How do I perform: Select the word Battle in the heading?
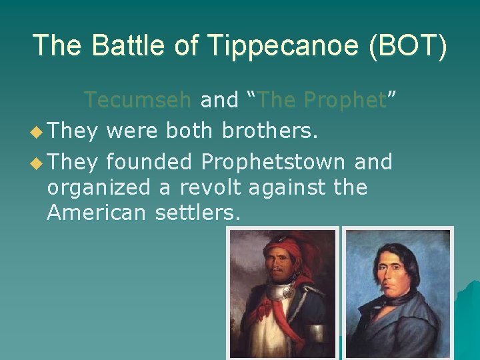click(133, 45)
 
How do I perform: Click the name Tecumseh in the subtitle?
click(138, 100)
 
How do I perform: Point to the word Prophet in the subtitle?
click(345, 100)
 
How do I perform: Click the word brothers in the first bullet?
click(267, 131)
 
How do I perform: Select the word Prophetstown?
click(273, 161)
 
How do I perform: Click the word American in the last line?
click(97, 213)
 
